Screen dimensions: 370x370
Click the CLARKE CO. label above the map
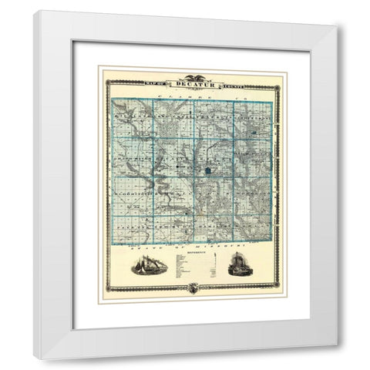[x=192, y=96]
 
